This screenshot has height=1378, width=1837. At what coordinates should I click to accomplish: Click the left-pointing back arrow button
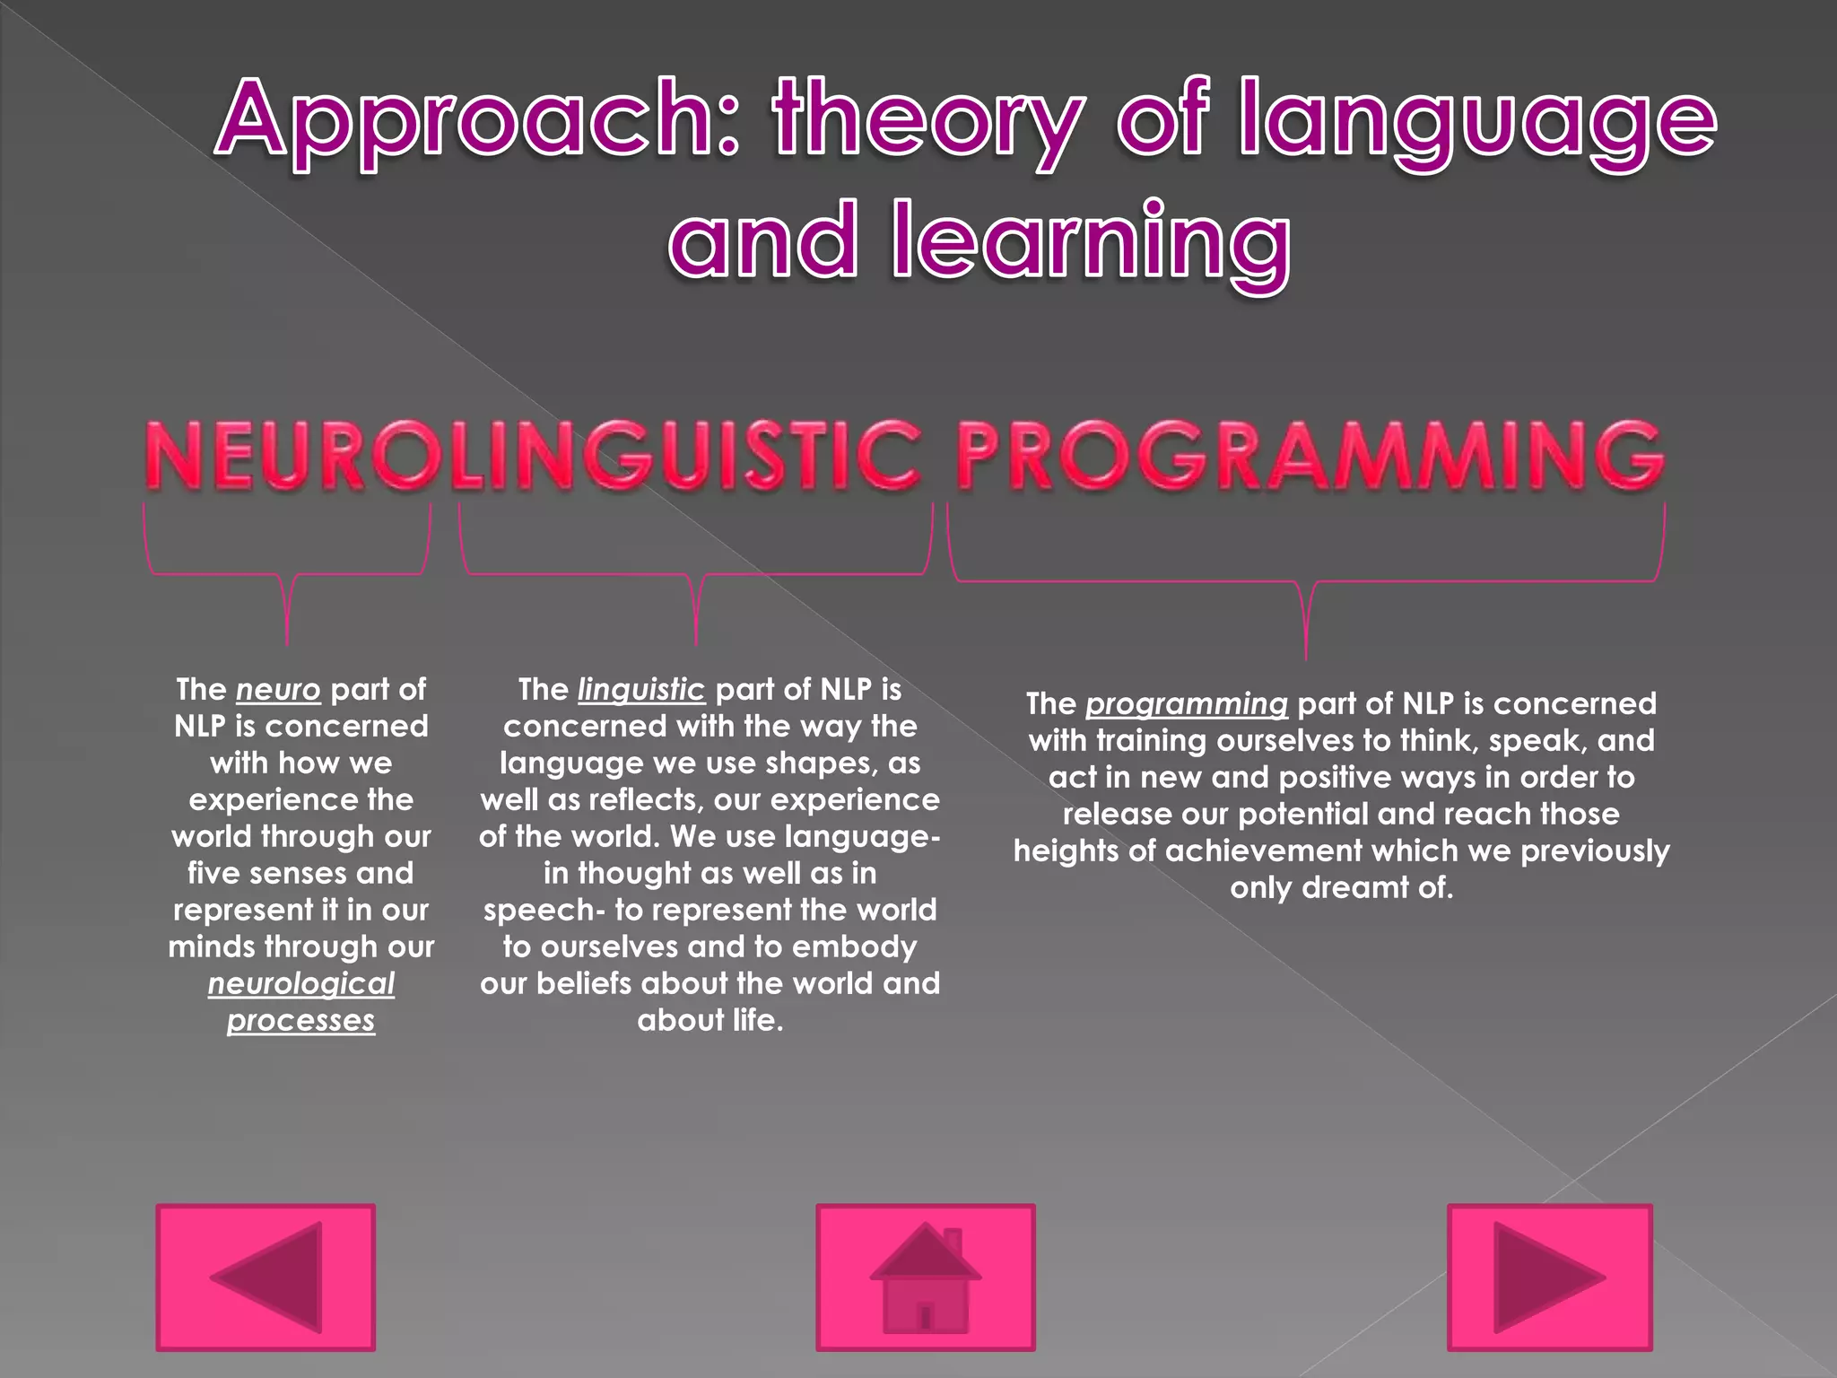click(x=266, y=1277)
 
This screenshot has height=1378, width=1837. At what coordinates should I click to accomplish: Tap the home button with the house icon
click(x=925, y=1277)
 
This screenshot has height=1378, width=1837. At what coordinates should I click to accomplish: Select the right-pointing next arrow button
click(x=1549, y=1277)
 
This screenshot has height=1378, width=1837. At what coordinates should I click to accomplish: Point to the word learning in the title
click(x=1092, y=240)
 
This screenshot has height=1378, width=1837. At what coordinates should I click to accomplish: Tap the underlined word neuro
click(x=278, y=690)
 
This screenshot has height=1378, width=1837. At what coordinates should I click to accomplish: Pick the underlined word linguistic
click(x=641, y=690)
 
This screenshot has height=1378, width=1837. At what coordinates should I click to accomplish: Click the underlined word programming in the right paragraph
click(x=1187, y=704)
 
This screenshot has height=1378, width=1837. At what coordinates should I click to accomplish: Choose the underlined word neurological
click(x=301, y=984)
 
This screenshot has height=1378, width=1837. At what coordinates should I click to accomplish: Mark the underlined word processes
click(x=301, y=1021)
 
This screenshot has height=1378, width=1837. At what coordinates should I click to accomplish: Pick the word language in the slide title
click(x=1478, y=121)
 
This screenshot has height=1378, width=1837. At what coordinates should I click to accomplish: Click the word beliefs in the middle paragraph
click(x=584, y=984)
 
